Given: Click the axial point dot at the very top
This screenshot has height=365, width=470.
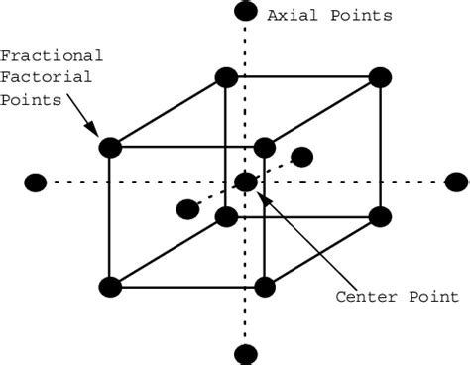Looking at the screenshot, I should point(245,12).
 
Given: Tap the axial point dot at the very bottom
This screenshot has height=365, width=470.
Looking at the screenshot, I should point(245,353).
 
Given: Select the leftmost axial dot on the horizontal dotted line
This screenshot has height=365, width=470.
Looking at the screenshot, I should point(36,182).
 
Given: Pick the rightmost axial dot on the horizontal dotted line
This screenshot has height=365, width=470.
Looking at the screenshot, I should point(456,182).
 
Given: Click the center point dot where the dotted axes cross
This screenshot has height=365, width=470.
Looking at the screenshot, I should point(245,182).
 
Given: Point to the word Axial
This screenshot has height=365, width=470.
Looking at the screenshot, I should point(289,16).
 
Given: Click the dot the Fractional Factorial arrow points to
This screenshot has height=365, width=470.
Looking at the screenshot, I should point(110,148).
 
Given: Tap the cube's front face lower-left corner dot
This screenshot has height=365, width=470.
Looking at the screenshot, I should point(110,288).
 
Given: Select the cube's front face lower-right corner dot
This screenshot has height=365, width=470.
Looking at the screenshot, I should point(264,288).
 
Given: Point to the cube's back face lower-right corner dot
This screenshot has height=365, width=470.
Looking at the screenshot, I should point(380,217).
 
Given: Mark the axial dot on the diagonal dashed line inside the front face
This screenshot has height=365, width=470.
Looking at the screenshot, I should point(186,208).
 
